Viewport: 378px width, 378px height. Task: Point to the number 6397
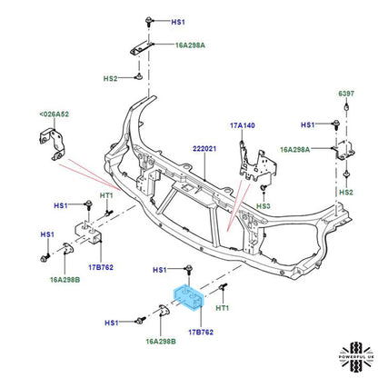pos(347,93)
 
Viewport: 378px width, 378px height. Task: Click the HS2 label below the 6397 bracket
pos(345,193)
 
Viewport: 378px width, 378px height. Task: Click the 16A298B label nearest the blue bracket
pos(160,343)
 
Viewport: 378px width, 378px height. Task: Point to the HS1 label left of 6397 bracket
pos(308,124)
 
